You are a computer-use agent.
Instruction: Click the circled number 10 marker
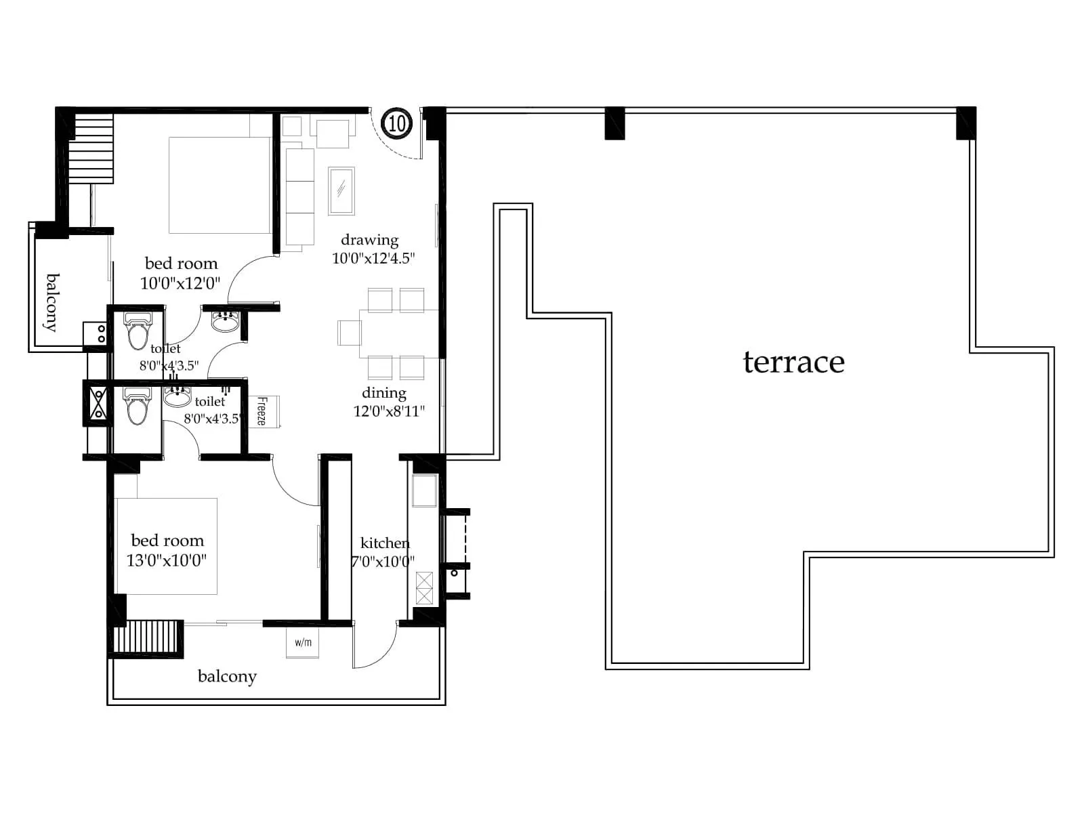(397, 123)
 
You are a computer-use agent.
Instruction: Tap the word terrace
(793, 362)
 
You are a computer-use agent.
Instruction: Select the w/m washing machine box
(303, 642)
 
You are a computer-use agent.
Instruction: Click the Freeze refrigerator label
(263, 411)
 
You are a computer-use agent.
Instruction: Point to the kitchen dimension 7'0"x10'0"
(383, 562)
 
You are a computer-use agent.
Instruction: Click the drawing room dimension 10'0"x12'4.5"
(373, 258)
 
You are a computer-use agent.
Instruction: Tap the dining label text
(384, 393)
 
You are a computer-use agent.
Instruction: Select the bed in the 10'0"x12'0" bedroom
(219, 185)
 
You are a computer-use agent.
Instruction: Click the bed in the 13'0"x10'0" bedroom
(167, 546)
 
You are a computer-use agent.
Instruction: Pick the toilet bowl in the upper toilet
(138, 331)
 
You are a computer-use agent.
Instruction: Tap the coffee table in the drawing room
(341, 190)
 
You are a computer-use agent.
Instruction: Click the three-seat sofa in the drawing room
(299, 196)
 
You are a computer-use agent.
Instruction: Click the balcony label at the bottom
(227, 676)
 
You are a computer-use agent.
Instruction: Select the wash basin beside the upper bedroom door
(225, 321)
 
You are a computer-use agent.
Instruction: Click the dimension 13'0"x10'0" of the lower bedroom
(167, 560)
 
